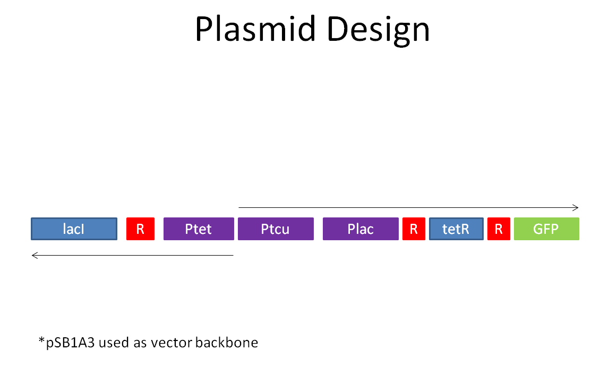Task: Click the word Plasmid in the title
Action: (258, 29)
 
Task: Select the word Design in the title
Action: (379, 29)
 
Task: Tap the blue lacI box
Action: (74, 229)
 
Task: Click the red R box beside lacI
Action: (140, 229)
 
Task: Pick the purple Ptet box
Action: (199, 229)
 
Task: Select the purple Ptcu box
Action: (275, 229)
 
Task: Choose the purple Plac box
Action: (361, 229)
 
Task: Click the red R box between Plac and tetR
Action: (414, 229)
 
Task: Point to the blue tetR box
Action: (456, 229)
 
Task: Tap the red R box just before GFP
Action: (499, 229)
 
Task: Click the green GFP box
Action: (546, 229)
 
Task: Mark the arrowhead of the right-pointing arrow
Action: (576, 207)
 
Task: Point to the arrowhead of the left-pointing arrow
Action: (35, 255)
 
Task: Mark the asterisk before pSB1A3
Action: (41, 340)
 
